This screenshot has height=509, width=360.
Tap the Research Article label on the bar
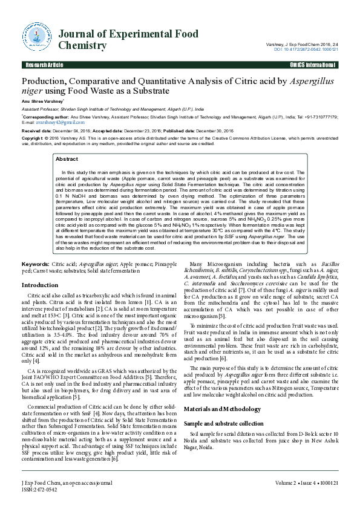coord(44,64)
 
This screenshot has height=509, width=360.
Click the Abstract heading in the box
coord(67,159)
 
